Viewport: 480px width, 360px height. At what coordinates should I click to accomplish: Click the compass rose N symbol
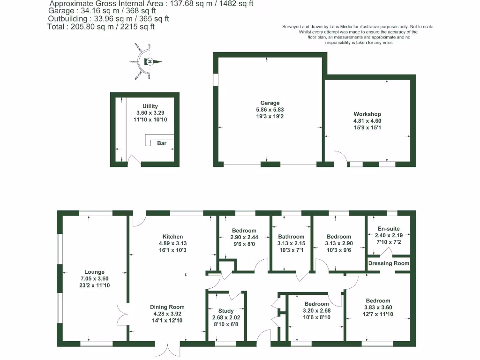(150, 61)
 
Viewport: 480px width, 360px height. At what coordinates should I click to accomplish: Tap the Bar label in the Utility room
(162, 143)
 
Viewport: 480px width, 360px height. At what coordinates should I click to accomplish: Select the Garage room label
(270, 103)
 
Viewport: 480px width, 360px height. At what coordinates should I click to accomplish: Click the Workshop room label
(367, 114)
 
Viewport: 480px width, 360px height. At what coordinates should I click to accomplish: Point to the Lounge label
(94, 272)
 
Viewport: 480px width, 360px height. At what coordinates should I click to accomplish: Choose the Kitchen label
(172, 237)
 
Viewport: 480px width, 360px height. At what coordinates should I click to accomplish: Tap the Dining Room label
(167, 307)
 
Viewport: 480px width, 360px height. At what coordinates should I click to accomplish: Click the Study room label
(226, 310)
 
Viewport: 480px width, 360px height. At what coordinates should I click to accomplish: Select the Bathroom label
(291, 237)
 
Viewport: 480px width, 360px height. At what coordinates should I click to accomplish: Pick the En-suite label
(389, 229)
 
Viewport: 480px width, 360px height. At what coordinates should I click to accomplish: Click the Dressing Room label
(389, 263)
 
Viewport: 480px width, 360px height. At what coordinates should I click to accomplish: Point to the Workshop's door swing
(340, 157)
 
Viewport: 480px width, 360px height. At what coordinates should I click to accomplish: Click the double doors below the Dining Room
(167, 350)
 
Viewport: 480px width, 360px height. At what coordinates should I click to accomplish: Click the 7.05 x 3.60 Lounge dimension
(94, 278)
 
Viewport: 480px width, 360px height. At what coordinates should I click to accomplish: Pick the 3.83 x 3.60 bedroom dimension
(378, 307)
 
